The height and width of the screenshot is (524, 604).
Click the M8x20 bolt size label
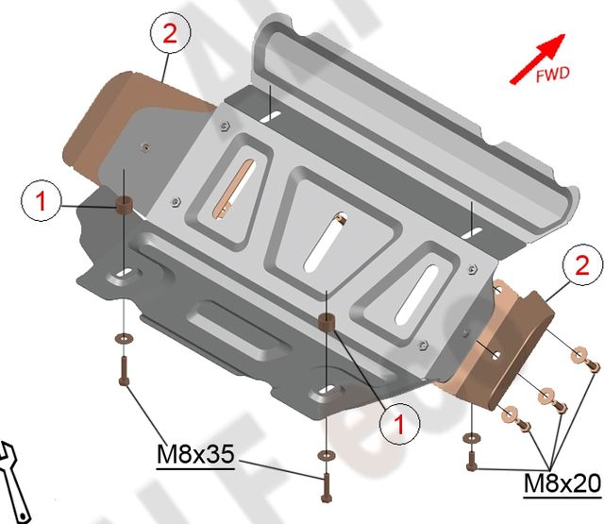[562, 484]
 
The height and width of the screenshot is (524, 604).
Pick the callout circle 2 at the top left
[169, 35]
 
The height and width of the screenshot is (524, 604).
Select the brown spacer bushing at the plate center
[327, 322]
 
